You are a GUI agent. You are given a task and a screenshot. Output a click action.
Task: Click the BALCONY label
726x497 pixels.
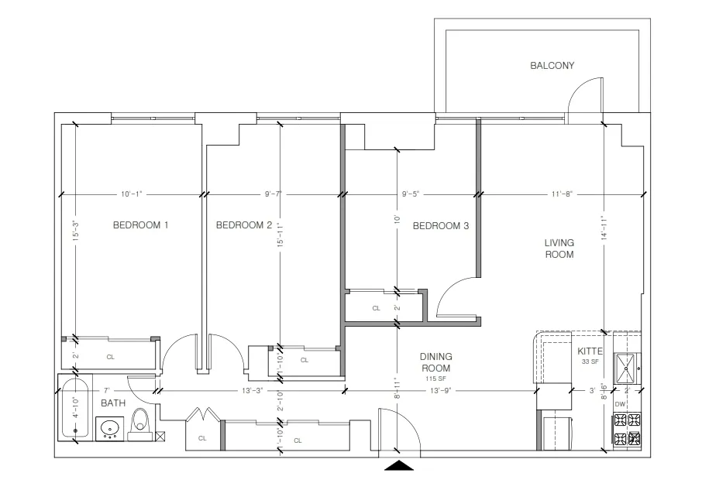552,66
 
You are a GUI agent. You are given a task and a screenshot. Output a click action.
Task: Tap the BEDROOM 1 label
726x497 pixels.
140,225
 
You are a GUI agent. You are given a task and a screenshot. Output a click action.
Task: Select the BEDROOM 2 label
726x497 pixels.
243,225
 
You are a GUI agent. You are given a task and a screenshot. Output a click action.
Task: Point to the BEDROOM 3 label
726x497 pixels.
440,226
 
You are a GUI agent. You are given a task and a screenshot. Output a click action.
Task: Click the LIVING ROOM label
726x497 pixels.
559,248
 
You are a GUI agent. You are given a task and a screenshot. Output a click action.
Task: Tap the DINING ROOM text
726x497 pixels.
435,362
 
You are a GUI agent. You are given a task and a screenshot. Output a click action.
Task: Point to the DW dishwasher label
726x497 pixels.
619,404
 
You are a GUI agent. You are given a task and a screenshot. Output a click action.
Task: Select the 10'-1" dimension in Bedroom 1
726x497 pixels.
132,194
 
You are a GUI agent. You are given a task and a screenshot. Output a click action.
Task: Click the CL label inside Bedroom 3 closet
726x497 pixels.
377,308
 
